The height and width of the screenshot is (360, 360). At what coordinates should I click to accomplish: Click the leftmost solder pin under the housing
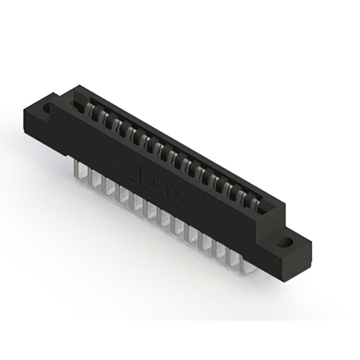coord(79,169)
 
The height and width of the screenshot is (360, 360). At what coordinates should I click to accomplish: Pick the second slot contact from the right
coord(243,196)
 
